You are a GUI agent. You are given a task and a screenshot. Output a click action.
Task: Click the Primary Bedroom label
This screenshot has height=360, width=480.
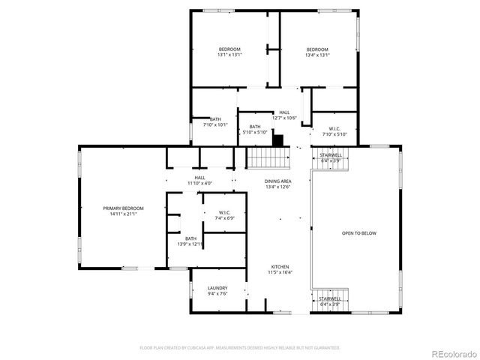[x=124, y=208]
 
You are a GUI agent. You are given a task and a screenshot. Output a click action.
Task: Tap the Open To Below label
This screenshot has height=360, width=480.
[x=358, y=233]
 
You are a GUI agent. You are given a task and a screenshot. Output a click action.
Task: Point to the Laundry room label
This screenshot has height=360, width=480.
[x=217, y=289]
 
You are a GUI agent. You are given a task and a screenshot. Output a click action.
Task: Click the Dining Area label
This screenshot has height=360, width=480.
[x=277, y=181]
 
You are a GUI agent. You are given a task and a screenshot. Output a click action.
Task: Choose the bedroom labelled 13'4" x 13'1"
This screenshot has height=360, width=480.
[x=317, y=49]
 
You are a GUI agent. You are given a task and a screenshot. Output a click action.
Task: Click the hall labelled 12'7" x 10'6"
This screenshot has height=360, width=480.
[x=284, y=112]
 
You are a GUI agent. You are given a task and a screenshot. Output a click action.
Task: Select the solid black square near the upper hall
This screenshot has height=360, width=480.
[x=278, y=139]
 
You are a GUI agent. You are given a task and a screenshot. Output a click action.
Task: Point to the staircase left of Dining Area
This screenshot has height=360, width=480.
[x=268, y=158]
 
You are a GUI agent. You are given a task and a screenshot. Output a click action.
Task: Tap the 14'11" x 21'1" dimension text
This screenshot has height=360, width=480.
[x=124, y=214]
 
